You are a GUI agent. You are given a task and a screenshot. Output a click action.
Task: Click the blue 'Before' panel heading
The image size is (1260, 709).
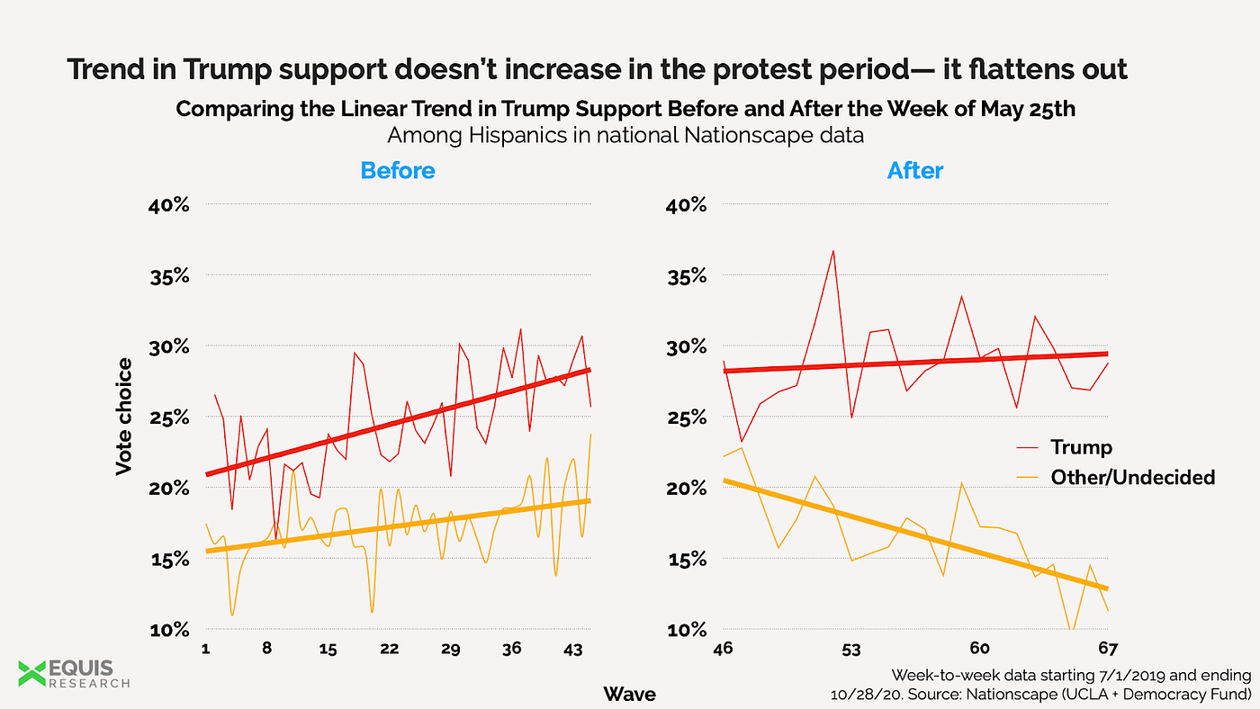tap(398, 170)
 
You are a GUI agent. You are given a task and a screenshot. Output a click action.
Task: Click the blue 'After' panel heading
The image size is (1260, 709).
tap(915, 170)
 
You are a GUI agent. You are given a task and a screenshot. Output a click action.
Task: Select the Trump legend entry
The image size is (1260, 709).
tap(1081, 447)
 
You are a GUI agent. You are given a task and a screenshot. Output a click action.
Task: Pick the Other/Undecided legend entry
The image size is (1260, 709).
tap(1132, 477)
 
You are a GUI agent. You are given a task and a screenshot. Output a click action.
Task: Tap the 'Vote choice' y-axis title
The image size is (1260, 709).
tap(124, 417)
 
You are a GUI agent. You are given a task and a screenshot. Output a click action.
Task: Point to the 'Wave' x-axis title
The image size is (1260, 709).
tap(629, 694)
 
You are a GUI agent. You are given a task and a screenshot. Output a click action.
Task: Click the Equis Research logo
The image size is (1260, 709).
tap(74, 673)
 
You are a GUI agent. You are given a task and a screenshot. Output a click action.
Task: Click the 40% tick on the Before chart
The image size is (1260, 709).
tap(169, 205)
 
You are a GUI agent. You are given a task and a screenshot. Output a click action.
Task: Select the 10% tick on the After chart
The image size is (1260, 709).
tap(688, 630)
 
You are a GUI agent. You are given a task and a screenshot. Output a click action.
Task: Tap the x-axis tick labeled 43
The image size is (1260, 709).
tap(572, 650)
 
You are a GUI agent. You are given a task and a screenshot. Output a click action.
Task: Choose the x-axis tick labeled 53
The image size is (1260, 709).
tap(851, 650)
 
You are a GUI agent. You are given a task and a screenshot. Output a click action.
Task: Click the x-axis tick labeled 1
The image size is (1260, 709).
tap(207, 650)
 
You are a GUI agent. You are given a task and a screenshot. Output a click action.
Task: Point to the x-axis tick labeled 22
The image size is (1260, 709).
tap(389, 650)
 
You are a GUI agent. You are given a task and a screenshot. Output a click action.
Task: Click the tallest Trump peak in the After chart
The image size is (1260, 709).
tap(833, 251)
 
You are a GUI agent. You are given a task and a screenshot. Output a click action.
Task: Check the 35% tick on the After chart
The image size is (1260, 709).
tap(688, 276)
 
